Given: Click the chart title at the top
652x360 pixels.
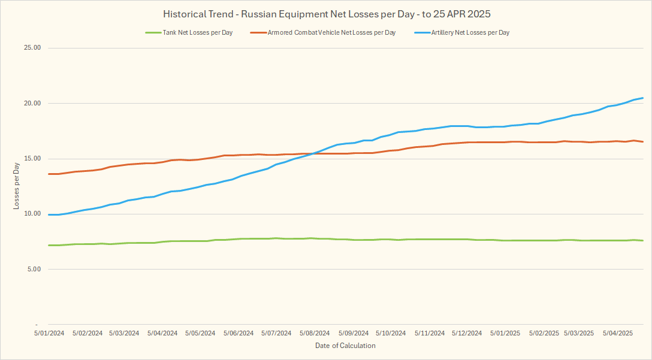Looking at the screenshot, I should click(x=326, y=14).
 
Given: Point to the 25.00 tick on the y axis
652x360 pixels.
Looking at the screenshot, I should click(x=31, y=48).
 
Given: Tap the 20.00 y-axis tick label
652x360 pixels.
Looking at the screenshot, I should click(x=31, y=103).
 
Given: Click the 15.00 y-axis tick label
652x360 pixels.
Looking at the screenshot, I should click(x=31, y=159).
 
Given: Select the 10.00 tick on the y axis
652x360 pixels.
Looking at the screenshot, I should click(x=31, y=214).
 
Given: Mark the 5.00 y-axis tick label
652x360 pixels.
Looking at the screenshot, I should click(x=32, y=269).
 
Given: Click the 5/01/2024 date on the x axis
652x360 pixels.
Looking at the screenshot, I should click(x=49, y=333).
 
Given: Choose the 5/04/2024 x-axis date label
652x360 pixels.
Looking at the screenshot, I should click(x=162, y=333).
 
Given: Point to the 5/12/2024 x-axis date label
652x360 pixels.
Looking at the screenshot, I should click(x=466, y=333).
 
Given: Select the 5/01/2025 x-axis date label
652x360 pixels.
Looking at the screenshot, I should click(x=504, y=333).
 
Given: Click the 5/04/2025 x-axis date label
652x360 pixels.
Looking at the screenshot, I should click(x=618, y=333).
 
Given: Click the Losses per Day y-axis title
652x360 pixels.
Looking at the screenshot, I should click(x=16, y=186).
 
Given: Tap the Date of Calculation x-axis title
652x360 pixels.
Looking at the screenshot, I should click(x=345, y=346).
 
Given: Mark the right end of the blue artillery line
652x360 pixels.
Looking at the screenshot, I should click(x=643, y=98).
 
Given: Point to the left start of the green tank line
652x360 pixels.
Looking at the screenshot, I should click(x=49, y=245).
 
